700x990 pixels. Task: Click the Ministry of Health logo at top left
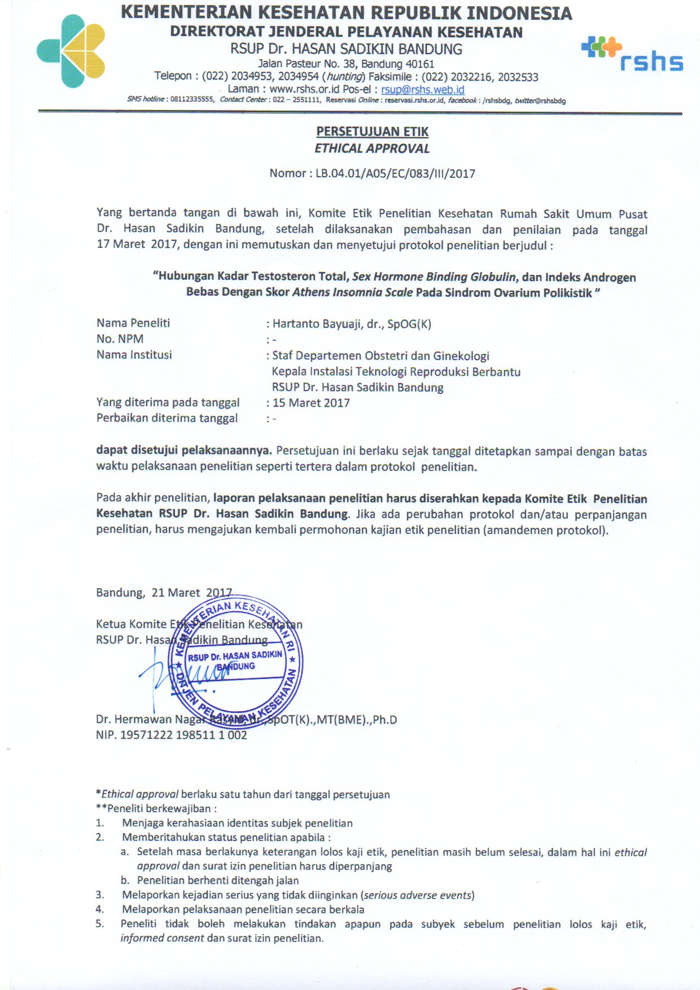(x=71, y=51)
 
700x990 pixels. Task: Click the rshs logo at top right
(x=632, y=55)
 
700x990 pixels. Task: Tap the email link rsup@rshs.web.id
(x=422, y=89)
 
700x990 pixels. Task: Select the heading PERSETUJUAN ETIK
(x=372, y=132)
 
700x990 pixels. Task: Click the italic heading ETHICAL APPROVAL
(x=372, y=148)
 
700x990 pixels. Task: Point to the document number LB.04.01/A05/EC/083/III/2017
(x=395, y=173)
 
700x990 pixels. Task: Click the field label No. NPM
(x=120, y=339)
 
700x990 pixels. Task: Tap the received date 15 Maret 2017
(x=311, y=403)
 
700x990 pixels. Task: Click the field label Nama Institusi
(x=134, y=354)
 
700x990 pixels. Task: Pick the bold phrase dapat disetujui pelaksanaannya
(x=184, y=450)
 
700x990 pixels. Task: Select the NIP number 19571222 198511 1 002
(x=183, y=735)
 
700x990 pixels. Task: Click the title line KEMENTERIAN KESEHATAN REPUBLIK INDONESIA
(x=346, y=12)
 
